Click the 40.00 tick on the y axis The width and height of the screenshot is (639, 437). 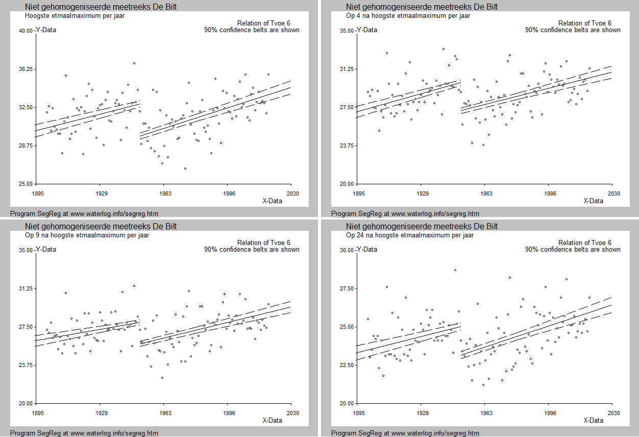(26, 31)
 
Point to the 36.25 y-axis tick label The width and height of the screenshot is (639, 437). (26, 69)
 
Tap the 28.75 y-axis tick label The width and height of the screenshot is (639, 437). (26, 145)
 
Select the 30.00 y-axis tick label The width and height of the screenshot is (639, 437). (347, 250)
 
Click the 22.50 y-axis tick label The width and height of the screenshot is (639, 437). (347, 365)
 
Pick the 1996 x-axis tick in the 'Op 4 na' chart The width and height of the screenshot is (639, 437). (550, 193)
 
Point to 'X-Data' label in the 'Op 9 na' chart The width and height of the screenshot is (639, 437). (272, 420)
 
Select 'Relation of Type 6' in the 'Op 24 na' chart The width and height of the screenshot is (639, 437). (584, 242)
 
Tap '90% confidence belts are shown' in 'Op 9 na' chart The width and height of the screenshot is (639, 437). (252, 249)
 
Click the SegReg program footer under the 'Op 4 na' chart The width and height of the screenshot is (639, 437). (405, 213)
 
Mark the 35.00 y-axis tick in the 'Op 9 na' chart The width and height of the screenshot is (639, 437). (26, 250)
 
